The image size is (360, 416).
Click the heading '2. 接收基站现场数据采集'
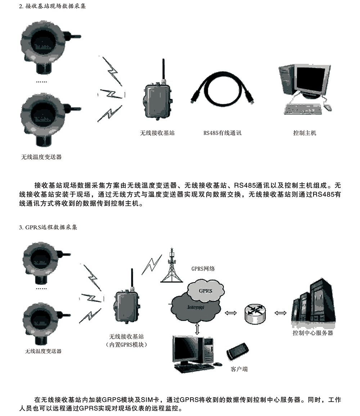coord(52,6)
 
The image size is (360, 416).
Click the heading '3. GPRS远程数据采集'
coord(48,227)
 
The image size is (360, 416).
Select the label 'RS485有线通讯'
coord(222,133)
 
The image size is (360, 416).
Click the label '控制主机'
coord(305,133)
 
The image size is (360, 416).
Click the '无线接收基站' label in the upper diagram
coord(157,133)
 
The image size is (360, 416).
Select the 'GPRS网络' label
coord(203,269)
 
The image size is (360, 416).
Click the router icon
coord(255,313)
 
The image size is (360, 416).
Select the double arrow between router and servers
coord(280,313)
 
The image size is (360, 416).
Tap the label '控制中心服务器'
coord(313,333)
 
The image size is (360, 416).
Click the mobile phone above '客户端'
coord(238,351)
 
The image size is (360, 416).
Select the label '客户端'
coord(239,369)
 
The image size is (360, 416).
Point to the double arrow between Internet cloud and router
coord(231,313)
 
